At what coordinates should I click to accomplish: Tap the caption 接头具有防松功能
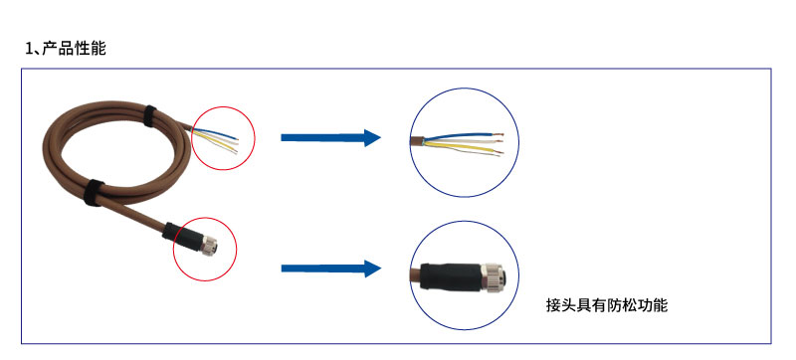pyautogui.click(x=607, y=305)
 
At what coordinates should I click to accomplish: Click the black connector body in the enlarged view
pyautogui.click(x=450, y=275)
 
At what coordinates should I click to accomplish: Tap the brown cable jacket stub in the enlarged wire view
pyautogui.click(x=417, y=140)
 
